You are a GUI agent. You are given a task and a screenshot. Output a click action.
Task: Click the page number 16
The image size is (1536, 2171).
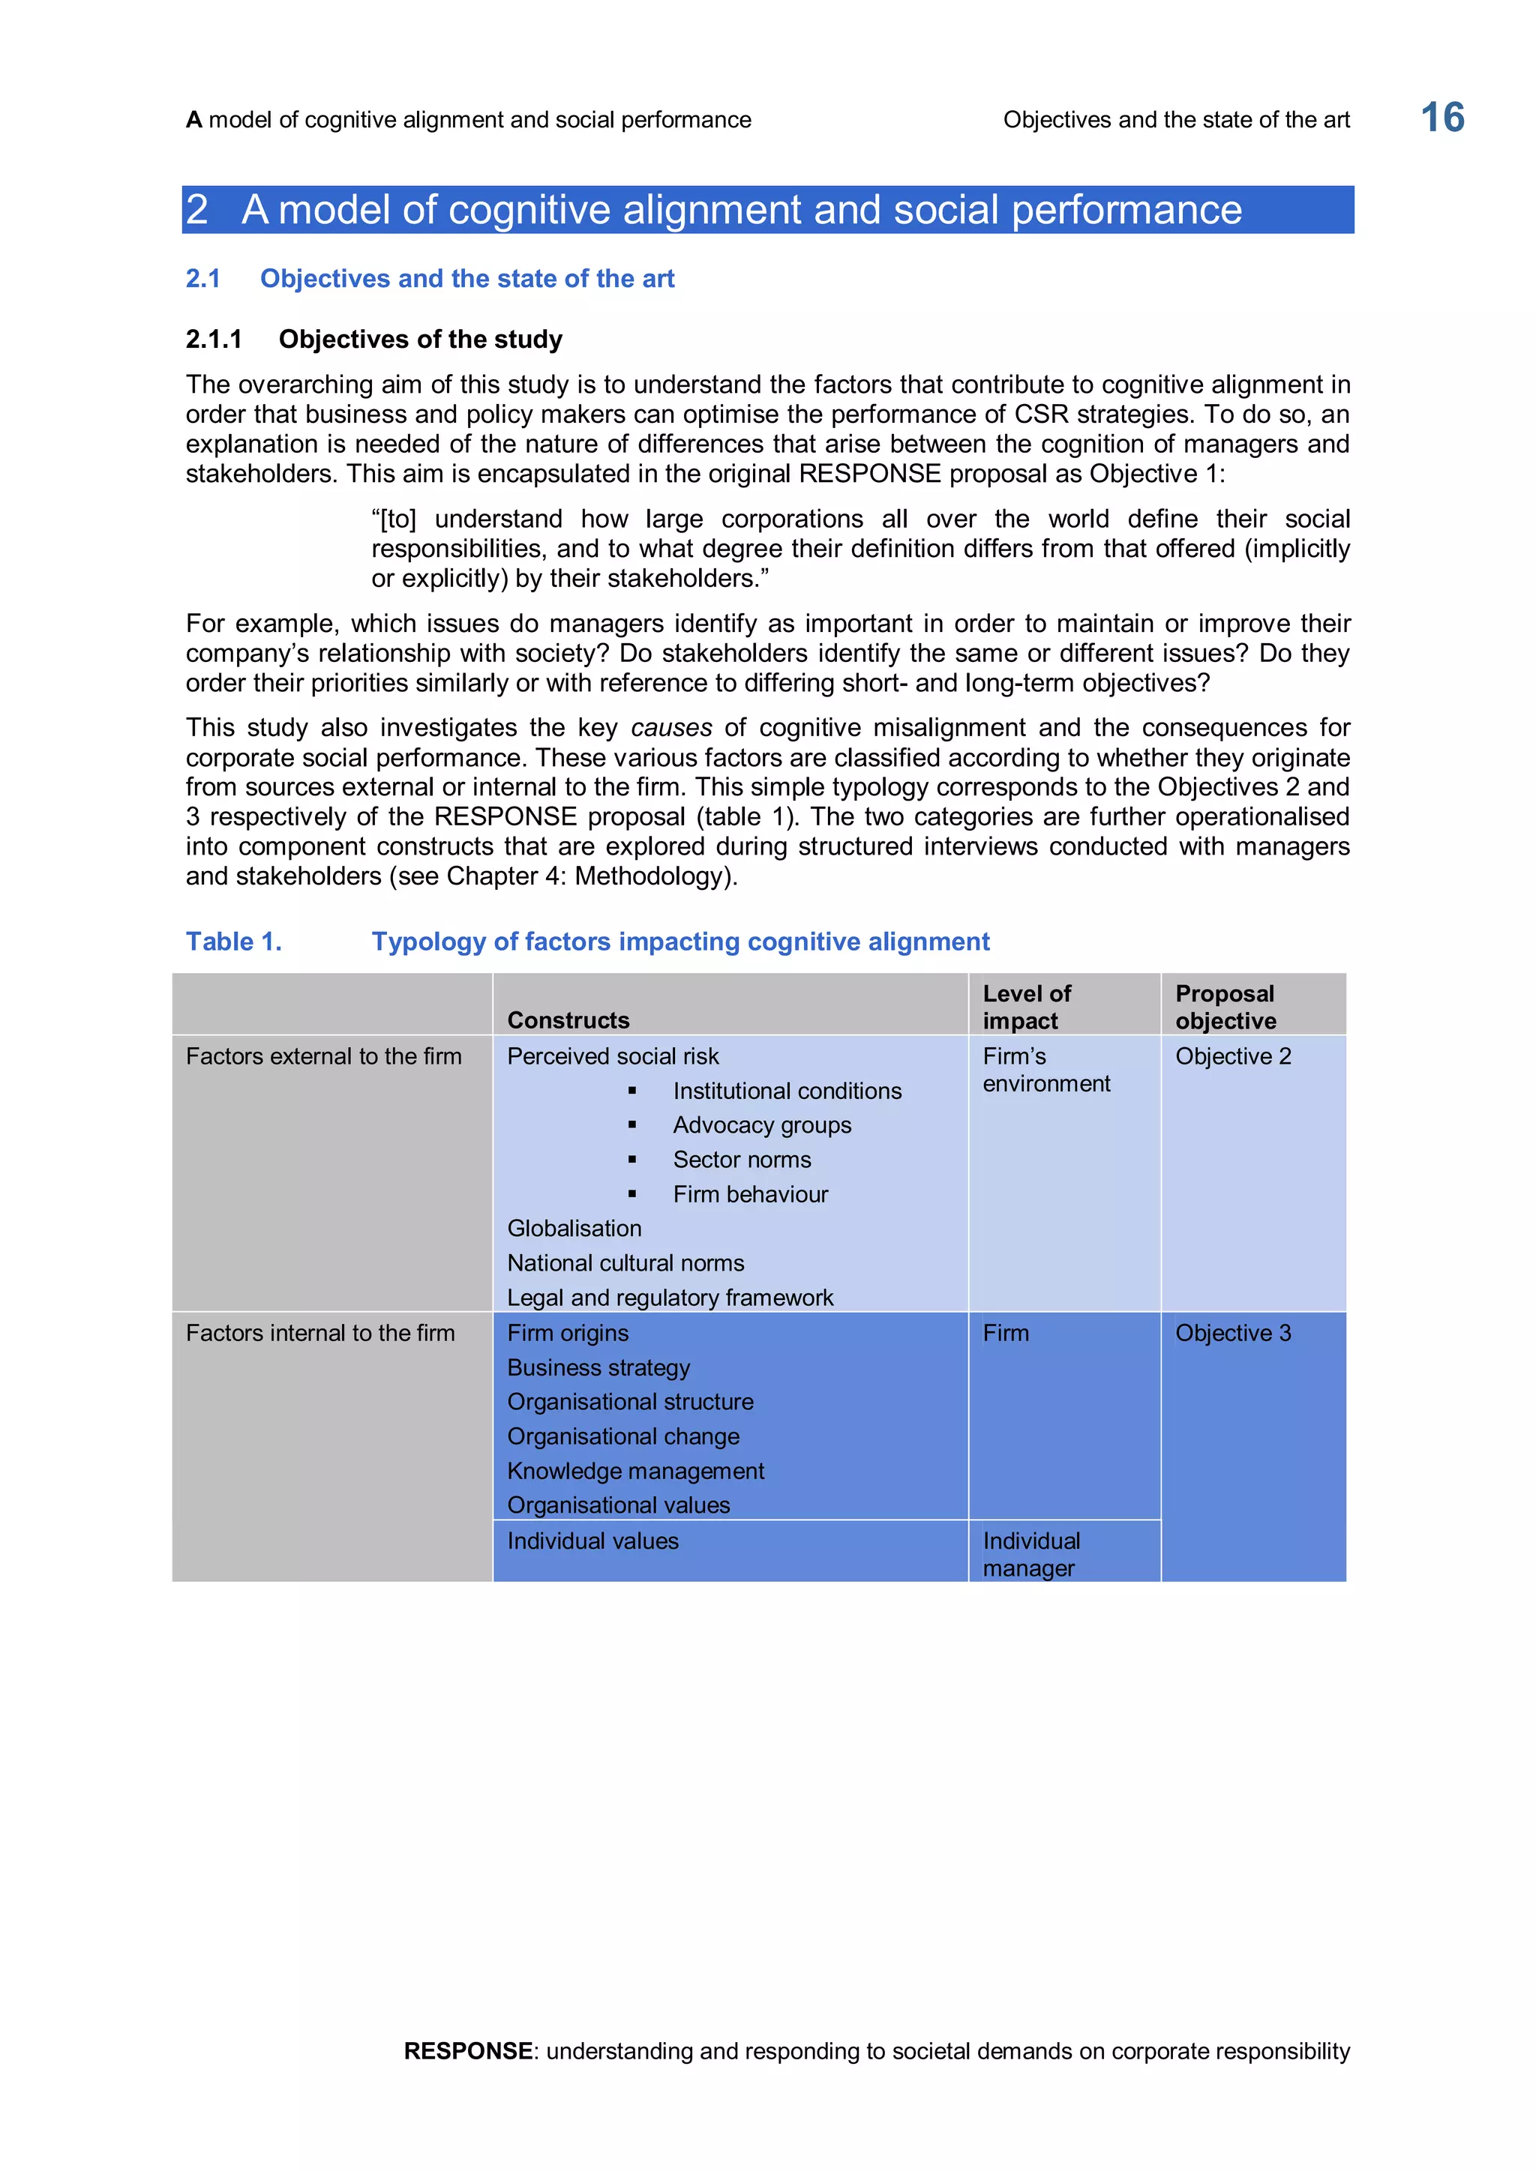(x=1441, y=118)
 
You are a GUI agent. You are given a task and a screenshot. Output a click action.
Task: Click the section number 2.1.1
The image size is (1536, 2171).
(x=214, y=340)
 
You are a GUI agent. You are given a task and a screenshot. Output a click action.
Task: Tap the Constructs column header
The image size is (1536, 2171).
(x=568, y=1020)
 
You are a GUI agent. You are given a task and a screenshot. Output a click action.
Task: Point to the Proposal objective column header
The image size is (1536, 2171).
(x=1225, y=1007)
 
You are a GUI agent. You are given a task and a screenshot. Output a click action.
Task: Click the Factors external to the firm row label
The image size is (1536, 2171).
(x=323, y=1056)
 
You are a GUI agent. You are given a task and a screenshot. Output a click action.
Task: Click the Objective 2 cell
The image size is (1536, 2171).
(x=1232, y=1056)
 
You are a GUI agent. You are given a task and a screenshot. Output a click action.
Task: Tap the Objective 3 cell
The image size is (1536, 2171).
(x=1232, y=1333)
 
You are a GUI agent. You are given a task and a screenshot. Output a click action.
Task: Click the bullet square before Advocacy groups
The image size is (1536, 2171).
(x=631, y=1125)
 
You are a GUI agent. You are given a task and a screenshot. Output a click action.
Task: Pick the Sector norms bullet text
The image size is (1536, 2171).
(x=742, y=1160)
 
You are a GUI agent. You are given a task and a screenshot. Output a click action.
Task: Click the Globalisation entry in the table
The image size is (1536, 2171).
(x=574, y=1228)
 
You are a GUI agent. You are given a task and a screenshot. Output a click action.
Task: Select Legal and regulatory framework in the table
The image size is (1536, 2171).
(x=670, y=1298)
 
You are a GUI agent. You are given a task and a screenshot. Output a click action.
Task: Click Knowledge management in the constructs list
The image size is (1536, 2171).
(x=635, y=1472)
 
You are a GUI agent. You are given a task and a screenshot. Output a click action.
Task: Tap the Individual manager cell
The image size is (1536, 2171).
(x=1031, y=1555)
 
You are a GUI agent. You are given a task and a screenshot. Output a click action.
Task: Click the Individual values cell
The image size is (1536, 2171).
(x=593, y=1541)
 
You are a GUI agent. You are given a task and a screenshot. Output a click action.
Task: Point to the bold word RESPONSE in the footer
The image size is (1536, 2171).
(x=467, y=2051)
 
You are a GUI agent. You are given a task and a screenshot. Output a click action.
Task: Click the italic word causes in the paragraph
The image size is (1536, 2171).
(x=670, y=728)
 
